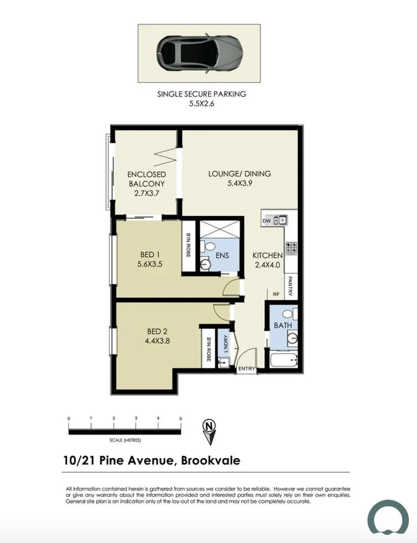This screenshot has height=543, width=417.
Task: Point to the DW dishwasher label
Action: (x=267, y=220)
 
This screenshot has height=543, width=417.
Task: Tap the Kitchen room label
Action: (x=268, y=261)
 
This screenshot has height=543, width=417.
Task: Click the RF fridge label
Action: (x=277, y=294)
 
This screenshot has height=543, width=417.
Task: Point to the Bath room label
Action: (x=283, y=325)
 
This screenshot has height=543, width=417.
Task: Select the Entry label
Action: (x=246, y=369)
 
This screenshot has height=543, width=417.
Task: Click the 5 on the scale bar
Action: (x=180, y=418)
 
